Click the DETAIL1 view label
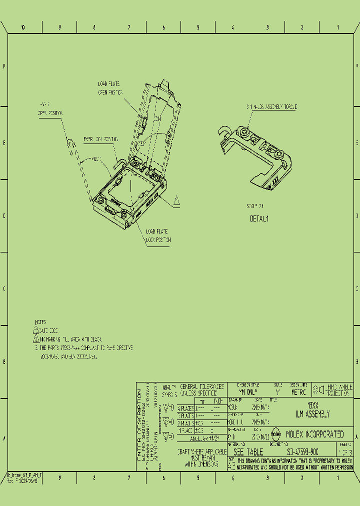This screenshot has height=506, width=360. [259, 218]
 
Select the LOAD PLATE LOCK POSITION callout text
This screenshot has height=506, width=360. [158, 235]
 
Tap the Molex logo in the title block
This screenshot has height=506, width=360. [275, 434]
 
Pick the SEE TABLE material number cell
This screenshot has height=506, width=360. [248, 451]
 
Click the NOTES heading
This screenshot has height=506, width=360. [40, 322]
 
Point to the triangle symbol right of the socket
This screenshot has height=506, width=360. [176, 201]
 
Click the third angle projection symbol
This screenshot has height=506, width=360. [318, 389]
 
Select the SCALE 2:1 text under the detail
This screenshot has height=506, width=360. [255, 205]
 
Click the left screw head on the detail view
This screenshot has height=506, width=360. [244, 132]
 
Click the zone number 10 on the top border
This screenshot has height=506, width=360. [23, 27]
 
